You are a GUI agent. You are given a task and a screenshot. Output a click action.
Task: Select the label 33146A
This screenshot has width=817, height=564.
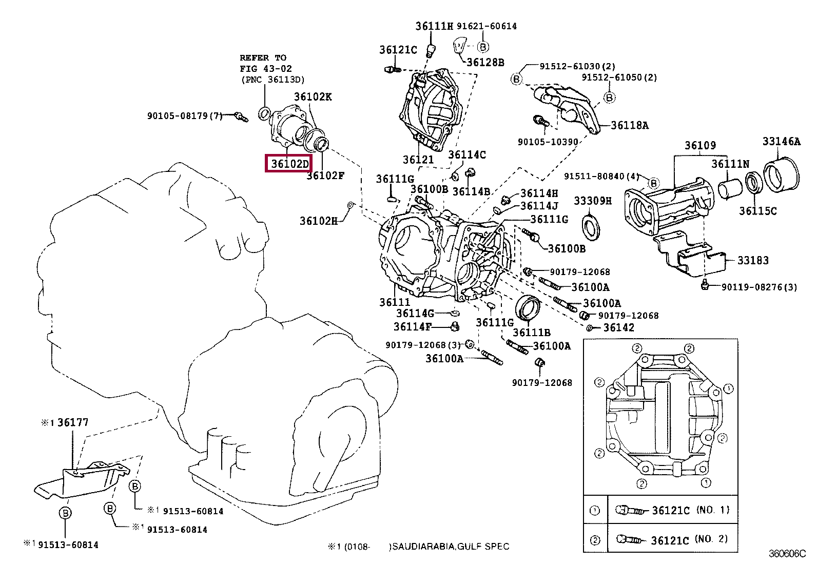point(781,141)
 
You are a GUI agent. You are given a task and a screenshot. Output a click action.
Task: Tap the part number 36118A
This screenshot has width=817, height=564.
point(629,125)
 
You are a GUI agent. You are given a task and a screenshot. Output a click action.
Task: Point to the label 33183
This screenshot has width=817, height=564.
point(753,260)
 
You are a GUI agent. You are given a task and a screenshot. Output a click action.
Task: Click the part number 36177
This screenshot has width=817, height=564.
point(73,422)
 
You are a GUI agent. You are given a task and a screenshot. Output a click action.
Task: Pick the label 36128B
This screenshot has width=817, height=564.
point(485,62)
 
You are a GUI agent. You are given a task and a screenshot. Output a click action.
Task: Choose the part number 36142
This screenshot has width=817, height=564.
point(618,327)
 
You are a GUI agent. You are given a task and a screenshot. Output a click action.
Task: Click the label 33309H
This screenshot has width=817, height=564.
point(592,201)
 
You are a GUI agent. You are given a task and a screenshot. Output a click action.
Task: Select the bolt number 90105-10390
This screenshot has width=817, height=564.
point(548,142)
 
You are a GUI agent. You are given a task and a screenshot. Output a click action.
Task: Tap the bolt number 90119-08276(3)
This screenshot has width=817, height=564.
point(759,287)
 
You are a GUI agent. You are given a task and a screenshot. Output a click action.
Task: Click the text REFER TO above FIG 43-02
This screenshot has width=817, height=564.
point(263,57)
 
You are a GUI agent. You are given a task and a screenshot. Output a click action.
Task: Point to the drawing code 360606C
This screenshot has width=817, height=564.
point(787,554)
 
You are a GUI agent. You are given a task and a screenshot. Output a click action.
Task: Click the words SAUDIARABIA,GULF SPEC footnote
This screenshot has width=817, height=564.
point(450,547)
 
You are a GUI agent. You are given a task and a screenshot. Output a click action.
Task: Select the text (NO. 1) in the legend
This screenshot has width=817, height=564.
point(712,510)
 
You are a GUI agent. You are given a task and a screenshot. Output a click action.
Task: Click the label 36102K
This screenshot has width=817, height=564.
point(313,96)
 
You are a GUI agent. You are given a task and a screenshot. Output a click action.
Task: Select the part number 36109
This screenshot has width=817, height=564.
point(700,145)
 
